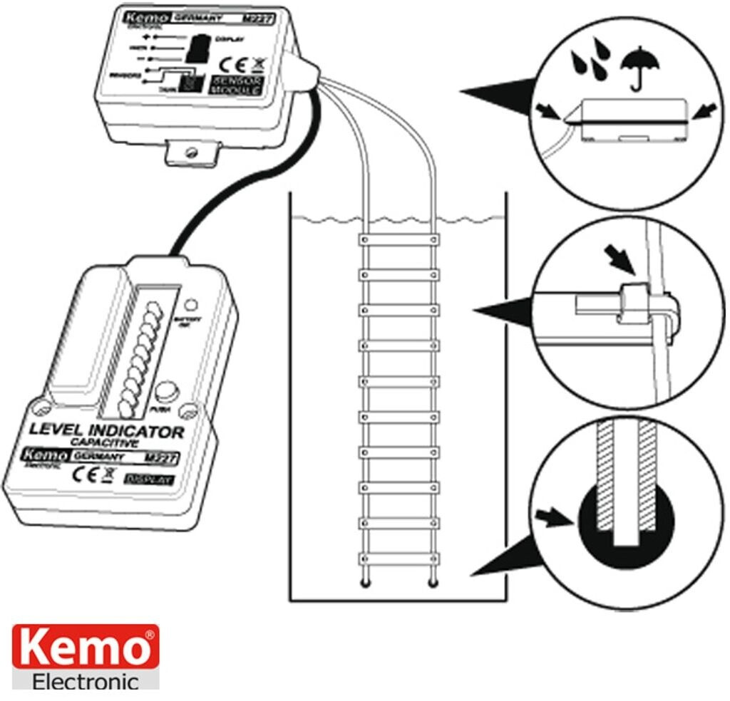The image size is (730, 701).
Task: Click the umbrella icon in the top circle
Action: (639, 69)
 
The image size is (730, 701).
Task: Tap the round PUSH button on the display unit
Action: (166, 392)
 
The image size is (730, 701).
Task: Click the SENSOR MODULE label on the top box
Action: (239, 85)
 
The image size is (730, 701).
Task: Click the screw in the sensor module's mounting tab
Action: (190, 151)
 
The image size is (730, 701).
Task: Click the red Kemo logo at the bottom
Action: (85, 648)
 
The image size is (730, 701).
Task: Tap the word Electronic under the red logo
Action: (85, 682)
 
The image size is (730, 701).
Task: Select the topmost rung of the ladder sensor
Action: (399, 241)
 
